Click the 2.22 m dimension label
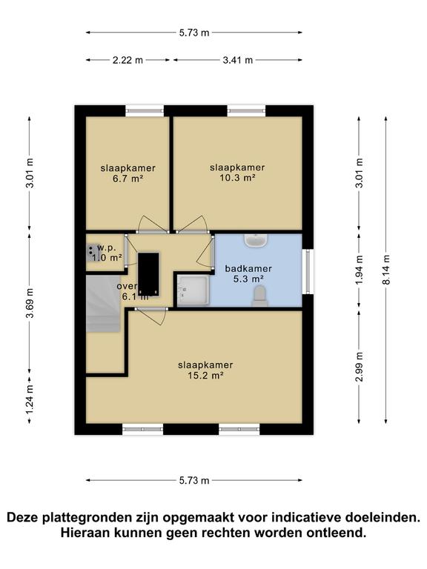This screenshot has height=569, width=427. pos(128,61)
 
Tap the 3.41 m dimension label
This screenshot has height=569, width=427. pos(237,61)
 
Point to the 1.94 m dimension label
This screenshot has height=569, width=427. pos(360,270)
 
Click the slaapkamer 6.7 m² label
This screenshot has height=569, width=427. pos(128,173)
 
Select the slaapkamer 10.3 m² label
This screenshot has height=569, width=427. pos(237,173)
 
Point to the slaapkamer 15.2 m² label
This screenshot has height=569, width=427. pos(205,370)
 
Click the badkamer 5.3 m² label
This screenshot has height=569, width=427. pos(248,273)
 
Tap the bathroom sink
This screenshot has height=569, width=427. pos(257,240)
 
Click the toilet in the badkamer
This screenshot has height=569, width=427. pos(259,296)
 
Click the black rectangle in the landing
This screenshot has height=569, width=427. pos(150,273)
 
